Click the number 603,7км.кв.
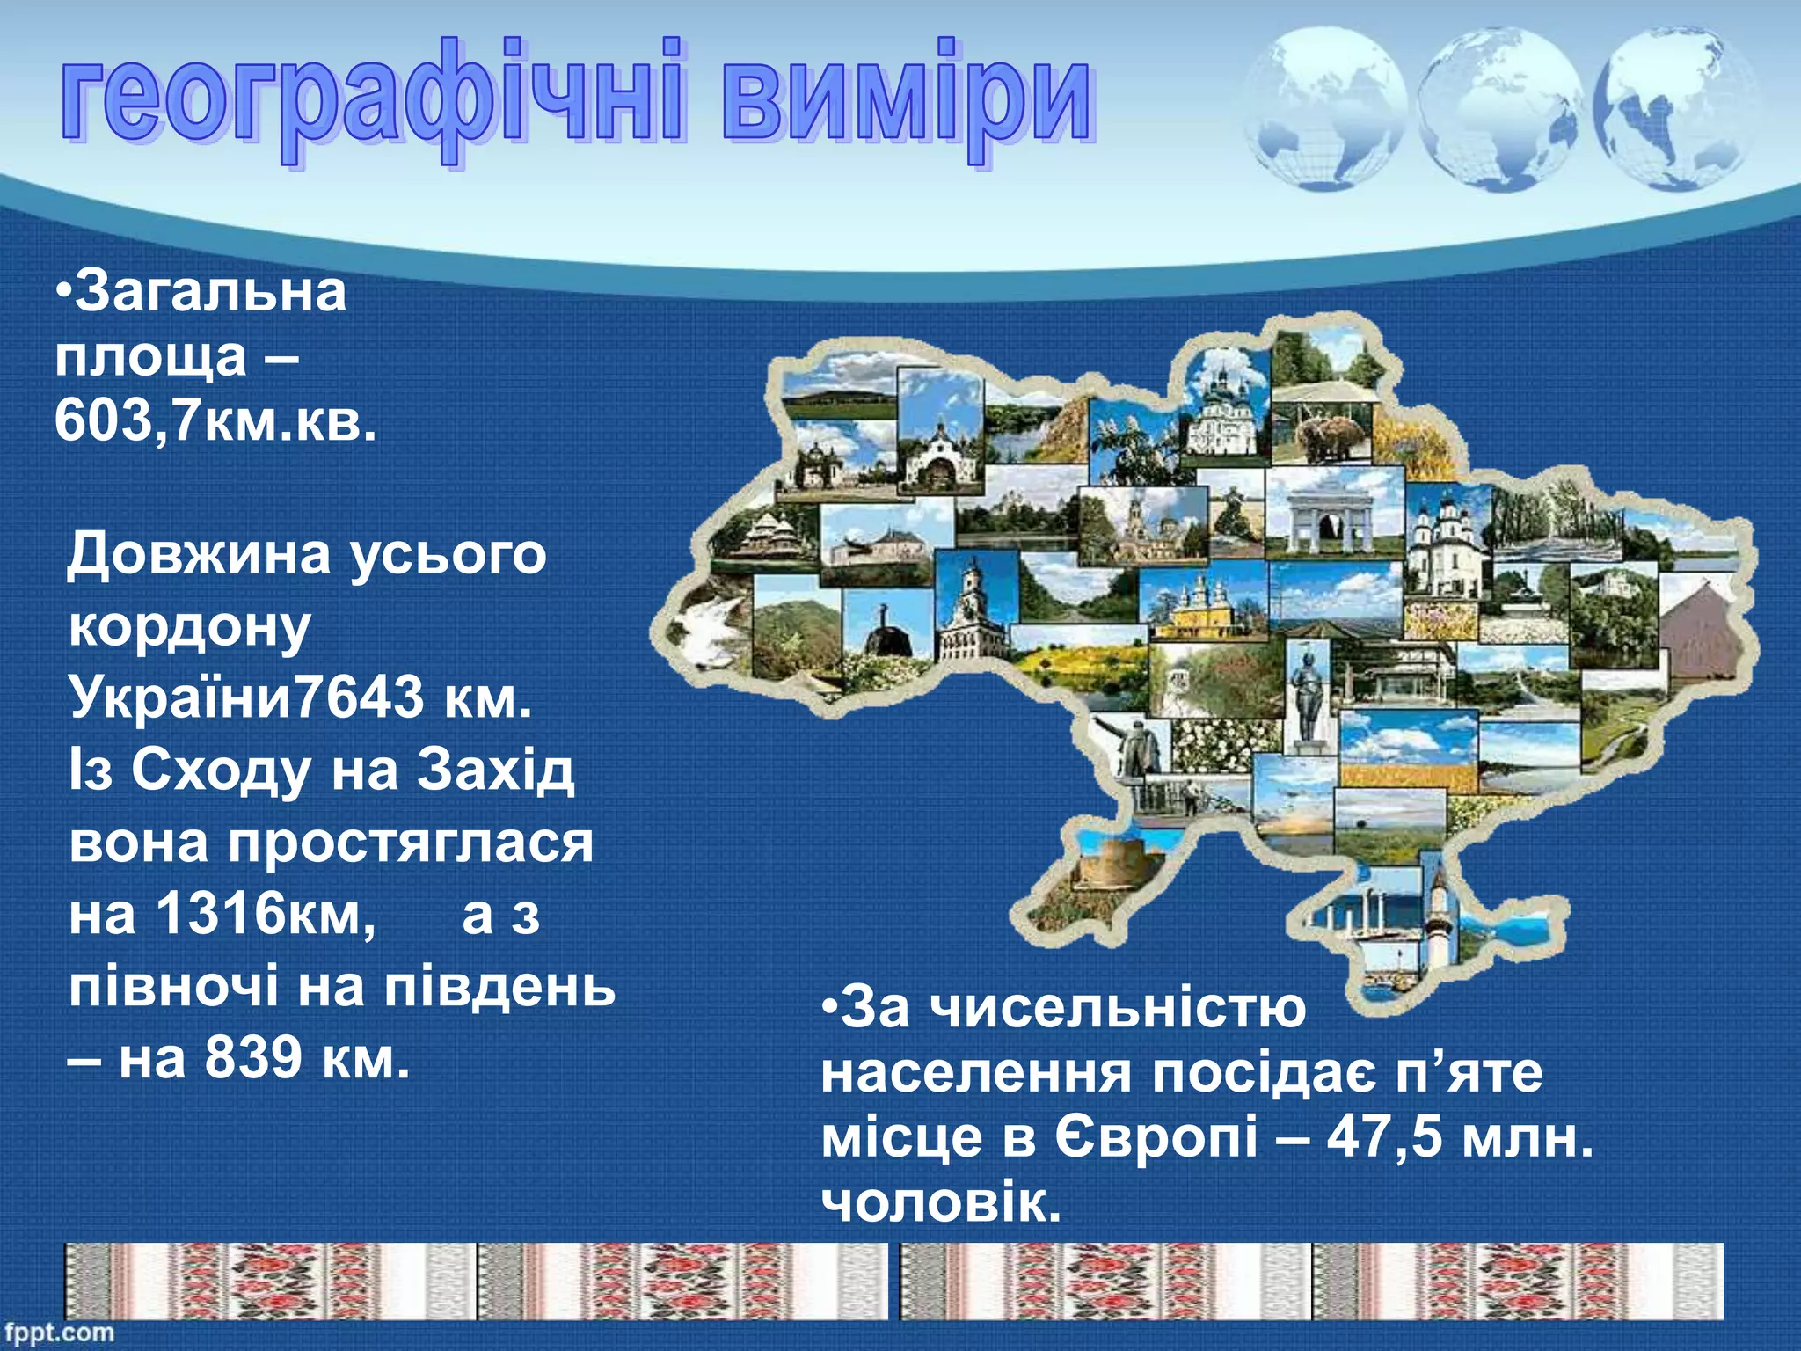[215, 420]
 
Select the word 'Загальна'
[211, 292]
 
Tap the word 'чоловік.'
[941, 1202]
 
